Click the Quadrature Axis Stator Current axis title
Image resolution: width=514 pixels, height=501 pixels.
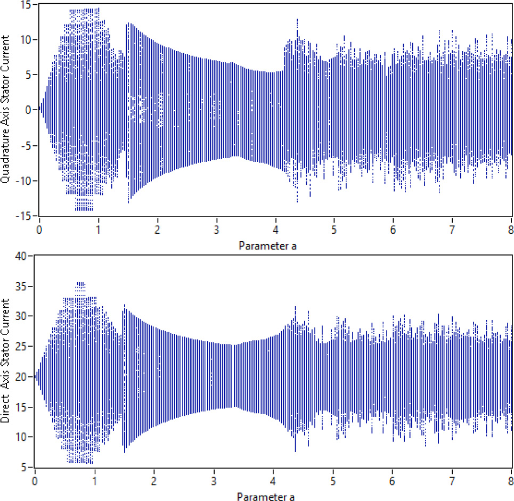5,110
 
